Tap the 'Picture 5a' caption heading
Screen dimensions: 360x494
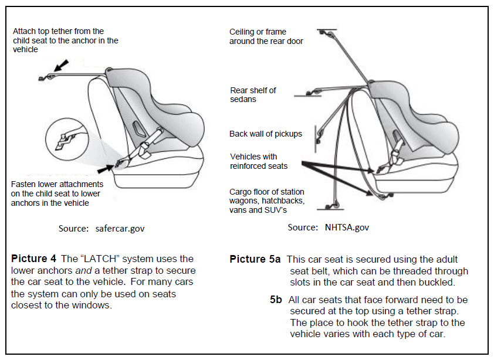(x=255, y=259)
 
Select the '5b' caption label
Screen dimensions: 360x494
(x=276, y=300)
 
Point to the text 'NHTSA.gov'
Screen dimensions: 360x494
(x=347, y=227)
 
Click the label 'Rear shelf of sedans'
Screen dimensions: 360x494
(x=253, y=94)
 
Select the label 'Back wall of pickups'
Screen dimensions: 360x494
(x=265, y=134)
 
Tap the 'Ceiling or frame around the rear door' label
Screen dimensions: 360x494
(x=266, y=36)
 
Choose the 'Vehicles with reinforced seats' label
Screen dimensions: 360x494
(x=259, y=161)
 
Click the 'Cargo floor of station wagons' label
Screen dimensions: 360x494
(x=267, y=201)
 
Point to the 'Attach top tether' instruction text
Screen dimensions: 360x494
(x=65, y=40)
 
